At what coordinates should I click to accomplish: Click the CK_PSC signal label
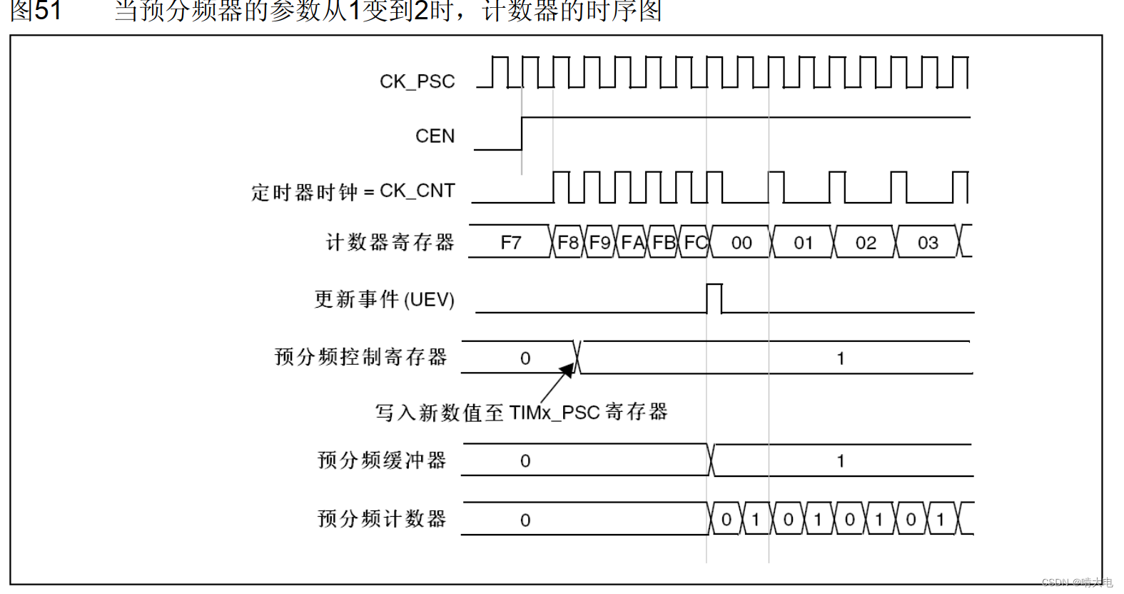pos(417,81)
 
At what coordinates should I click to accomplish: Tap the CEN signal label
pos(435,136)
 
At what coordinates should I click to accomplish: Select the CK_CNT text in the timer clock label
pos(417,191)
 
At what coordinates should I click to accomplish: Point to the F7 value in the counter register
pos(511,243)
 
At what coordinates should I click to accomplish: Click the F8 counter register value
pos(568,243)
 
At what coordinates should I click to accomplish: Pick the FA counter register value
pos(632,243)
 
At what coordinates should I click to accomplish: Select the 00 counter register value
pos(741,243)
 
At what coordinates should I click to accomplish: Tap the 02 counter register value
pos(866,243)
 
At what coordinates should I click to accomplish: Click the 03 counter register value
pos(928,243)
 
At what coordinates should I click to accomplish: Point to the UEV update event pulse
pos(714,298)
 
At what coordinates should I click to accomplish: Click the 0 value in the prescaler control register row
pos(525,358)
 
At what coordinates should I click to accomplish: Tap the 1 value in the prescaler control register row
pos(841,358)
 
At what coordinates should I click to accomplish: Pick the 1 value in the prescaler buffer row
pos(841,461)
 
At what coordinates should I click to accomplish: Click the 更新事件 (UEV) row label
pos(384,299)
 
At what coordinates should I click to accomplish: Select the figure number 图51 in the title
pos(36,11)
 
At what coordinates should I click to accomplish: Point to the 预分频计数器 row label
pos(382,519)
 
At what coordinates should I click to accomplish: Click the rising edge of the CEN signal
pos(522,134)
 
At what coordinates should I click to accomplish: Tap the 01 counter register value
pos(804,243)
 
